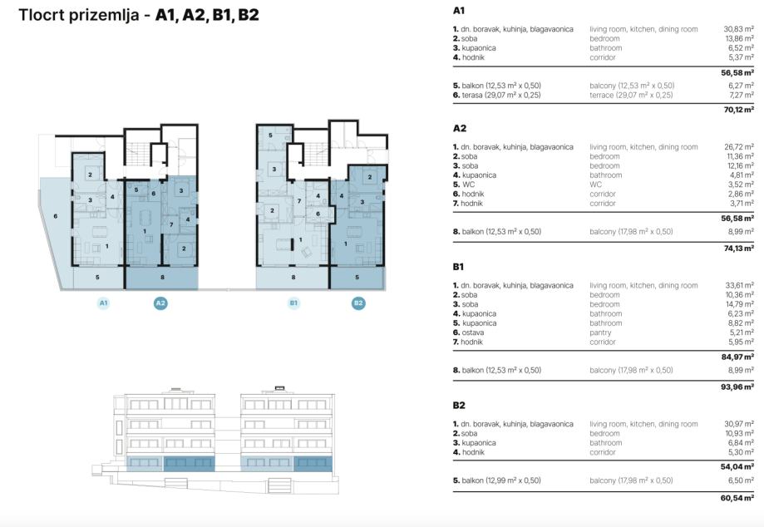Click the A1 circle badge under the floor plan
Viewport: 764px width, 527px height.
pos(103,303)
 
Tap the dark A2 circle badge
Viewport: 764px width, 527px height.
pos(160,303)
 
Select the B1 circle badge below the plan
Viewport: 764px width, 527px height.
pos(293,303)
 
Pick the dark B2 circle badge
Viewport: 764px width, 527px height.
pos(358,303)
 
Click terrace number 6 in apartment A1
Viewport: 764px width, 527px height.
pos(56,216)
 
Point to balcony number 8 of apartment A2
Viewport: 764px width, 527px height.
pos(162,277)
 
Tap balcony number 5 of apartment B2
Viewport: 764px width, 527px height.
pos(357,277)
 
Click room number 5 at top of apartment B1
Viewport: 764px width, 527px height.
pos(270,135)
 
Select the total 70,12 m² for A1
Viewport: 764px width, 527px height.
pos(739,110)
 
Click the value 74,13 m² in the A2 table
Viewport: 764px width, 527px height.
pos(739,249)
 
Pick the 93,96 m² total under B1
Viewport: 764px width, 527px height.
pos(737,387)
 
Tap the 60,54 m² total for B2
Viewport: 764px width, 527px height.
pos(737,498)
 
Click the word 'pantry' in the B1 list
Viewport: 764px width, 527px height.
pos(600,332)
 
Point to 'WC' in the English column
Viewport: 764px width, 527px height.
pos(595,185)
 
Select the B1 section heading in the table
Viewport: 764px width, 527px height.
pos(458,267)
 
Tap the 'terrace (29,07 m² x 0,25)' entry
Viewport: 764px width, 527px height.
pos(631,95)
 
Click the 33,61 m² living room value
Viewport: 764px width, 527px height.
pos(740,285)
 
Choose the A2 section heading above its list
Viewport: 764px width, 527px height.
pos(460,128)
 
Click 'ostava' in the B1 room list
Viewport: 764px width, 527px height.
pos(473,332)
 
